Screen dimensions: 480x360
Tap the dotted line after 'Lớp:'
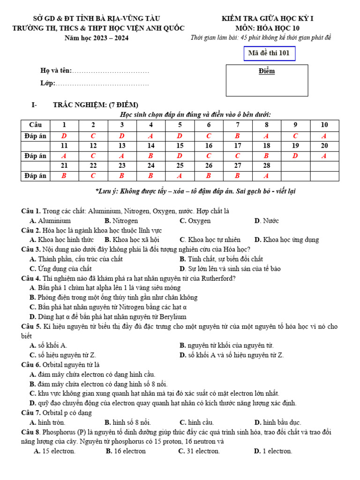click(x=102, y=83)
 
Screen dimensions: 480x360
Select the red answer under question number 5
click(x=180, y=136)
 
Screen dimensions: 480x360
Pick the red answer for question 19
click(x=295, y=156)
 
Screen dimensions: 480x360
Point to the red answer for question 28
click(x=266, y=176)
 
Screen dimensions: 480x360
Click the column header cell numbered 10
click(x=324, y=125)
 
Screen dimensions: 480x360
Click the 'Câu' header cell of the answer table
click(x=35, y=125)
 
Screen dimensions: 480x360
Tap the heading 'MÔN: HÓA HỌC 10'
click(x=268, y=28)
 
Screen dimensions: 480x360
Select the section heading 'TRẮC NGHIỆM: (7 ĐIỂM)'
click(x=96, y=105)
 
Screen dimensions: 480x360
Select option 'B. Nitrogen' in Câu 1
click(x=121, y=221)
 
